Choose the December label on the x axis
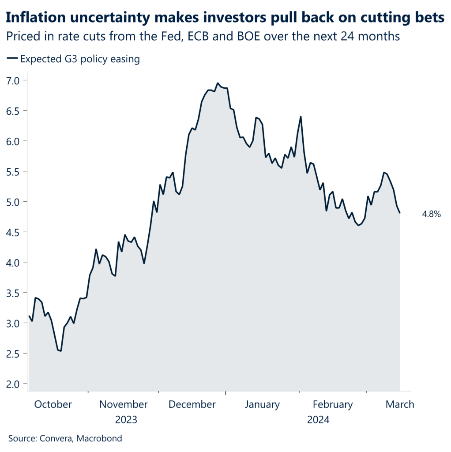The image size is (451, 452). click(192, 404)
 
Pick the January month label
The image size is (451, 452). click(262, 404)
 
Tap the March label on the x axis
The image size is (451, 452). click(400, 404)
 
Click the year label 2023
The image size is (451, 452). click(126, 419)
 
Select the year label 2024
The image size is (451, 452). click(318, 419)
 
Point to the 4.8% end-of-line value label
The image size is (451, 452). click(432, 215)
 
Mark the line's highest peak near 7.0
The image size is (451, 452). click(218, 83)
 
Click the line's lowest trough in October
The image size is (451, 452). click(60, 351)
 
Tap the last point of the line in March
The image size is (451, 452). click(399, 213)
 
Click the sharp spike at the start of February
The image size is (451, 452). click(301, 117)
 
